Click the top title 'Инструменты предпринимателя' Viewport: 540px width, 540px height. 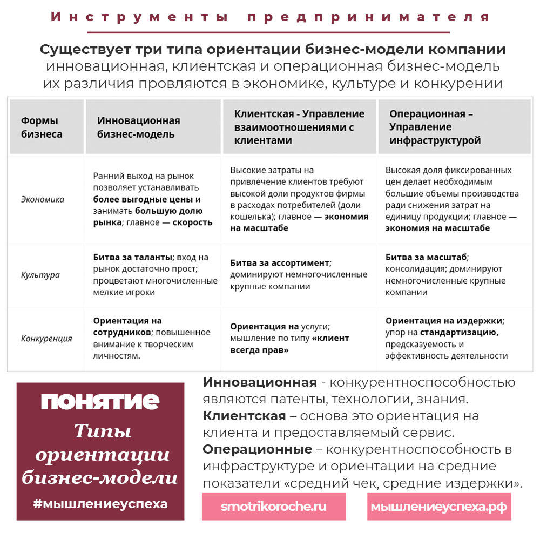click(x=270, y=17)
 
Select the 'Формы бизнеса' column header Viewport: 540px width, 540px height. click(x=42, y=127)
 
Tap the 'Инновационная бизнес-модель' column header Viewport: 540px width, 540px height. click(x=139, y=127)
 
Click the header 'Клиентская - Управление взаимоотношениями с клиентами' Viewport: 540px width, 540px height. click(x=299, y=127)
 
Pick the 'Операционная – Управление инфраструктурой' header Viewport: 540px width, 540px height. click(x=435, y=127)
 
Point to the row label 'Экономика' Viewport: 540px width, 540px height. click(x=43, y=199)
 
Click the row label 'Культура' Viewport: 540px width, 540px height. click(x=40, y=275)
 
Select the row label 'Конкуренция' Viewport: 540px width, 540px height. click(x=46, y=339)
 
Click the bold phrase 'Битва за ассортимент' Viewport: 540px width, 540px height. click(x=280, y=263)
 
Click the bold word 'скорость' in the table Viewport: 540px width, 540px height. click(x=192, y=222)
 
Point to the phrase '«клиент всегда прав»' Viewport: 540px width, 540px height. click(x=290, y=344)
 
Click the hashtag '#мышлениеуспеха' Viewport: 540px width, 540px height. click(x=100, y=504)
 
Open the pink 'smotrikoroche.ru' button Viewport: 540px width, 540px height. click(x=274, y=507)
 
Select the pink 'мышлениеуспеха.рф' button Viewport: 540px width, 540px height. click(x=439, y=507)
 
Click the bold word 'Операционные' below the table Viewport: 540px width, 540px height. click(x=258, y=449)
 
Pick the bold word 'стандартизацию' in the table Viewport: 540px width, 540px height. click(x=460, y=333)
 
